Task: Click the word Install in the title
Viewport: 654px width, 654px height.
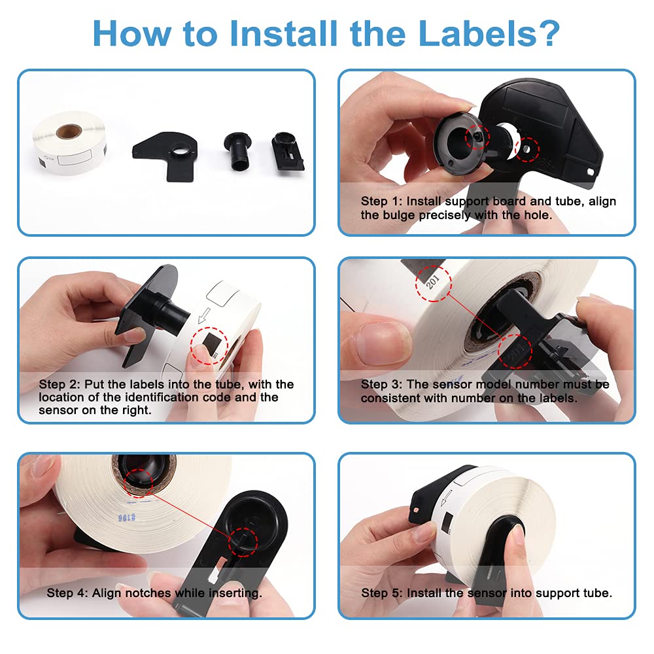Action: [x=283, y=33]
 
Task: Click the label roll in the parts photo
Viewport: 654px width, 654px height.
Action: [x=69, y=143]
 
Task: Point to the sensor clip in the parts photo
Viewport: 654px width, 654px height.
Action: [x=287, y=152]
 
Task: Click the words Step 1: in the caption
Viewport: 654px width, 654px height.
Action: [x=381, y=201]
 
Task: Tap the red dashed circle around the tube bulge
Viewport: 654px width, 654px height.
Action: [x=477, y=137]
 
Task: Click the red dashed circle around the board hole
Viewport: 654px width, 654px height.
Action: [x=526, y=149]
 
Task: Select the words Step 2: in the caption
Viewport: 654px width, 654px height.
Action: [x=60, y=384]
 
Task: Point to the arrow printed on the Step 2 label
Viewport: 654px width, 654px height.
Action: [x=203, y=316]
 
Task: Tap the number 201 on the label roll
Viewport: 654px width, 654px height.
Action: [x=432, y=282]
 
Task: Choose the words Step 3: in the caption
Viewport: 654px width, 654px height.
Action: [x=381, y=384]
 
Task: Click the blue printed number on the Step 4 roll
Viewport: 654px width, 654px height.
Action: [x=126, y=517]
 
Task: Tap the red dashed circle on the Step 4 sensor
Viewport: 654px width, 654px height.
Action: [x=243, y=542]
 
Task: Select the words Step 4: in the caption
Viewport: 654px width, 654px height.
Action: [x=67, y=593]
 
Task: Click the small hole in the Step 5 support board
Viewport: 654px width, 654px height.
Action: [x=416, y=509]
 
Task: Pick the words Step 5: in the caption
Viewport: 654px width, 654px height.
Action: [x=382, y=593]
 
